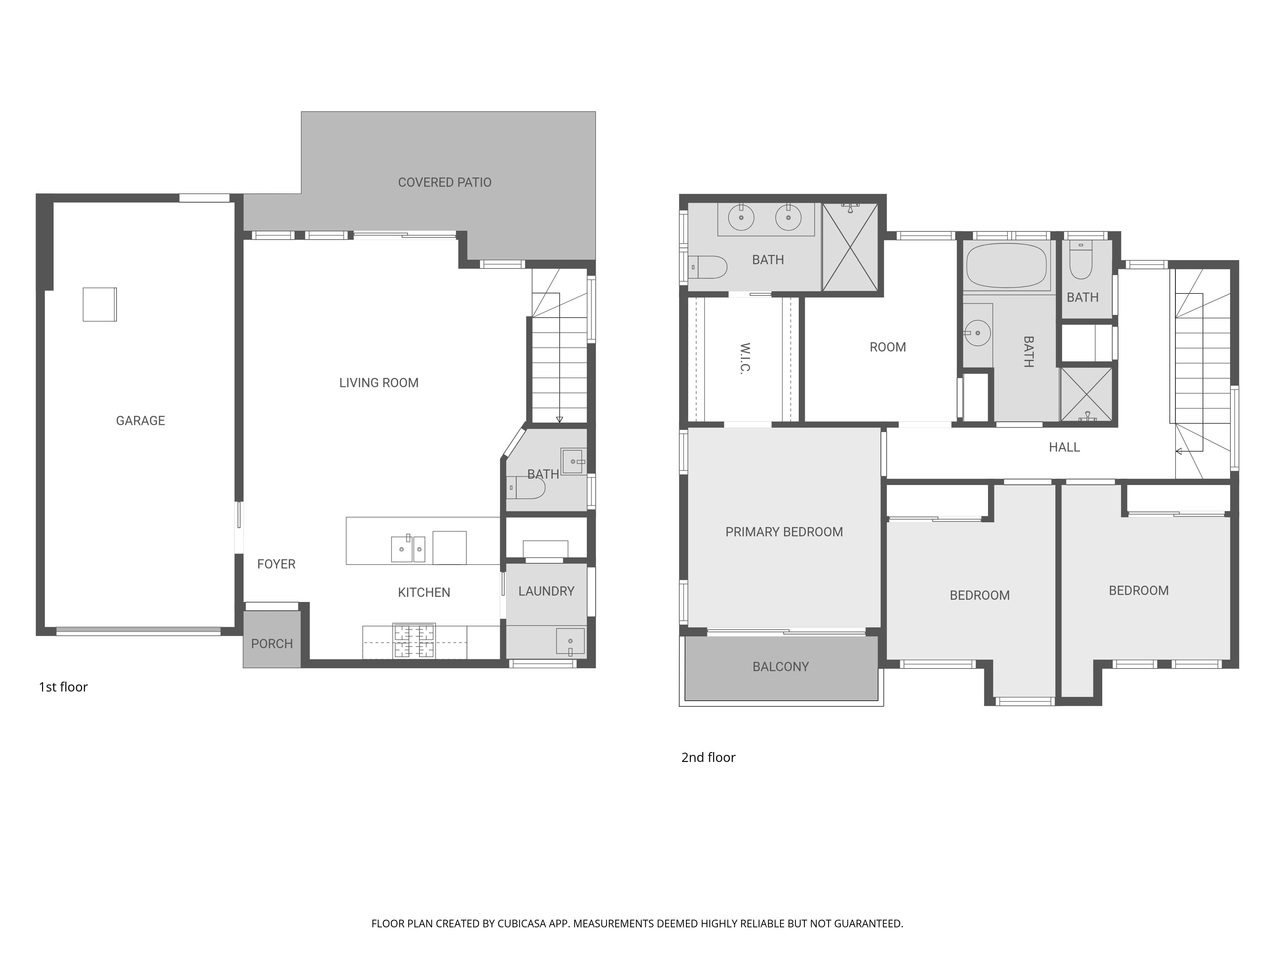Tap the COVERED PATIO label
coord(444,182)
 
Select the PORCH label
coord(272,644)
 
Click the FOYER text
coord(276,564)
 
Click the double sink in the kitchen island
coord(408,549)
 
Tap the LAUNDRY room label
coord(546,591)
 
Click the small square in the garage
coord(100,304)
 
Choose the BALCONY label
coord(780,667)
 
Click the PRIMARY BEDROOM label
coord(784,532)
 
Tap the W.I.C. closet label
coord(745,358)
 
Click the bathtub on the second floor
coord(1006,266)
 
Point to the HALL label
coord(1064,447)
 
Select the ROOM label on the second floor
coord(888,347)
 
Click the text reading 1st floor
coord(63,687)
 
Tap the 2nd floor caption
coord(708,757)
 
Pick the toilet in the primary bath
coord(708,267)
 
